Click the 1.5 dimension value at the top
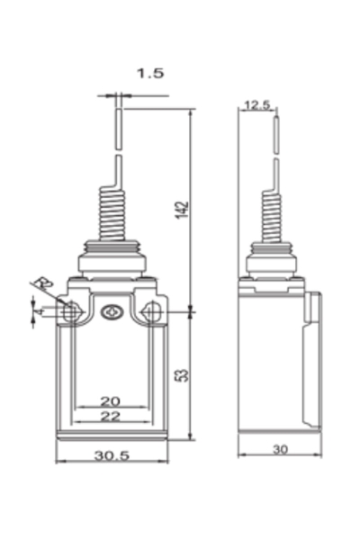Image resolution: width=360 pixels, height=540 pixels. click(x=151, y=75)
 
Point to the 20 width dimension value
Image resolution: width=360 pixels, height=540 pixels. click(x=110, y=400)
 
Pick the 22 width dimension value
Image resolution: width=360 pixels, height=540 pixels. click(x=110, y=416)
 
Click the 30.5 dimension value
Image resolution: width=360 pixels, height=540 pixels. click(x=112, y=456)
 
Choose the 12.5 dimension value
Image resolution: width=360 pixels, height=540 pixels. click(x=256, y=105)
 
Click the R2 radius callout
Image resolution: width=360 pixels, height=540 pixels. click(x=40, y=286)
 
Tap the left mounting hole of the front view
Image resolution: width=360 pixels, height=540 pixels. click(x=71, y=312)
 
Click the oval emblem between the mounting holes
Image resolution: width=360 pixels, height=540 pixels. click(x=112, y=312)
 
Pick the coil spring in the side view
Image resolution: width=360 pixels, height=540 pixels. click(x=272, y=216)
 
